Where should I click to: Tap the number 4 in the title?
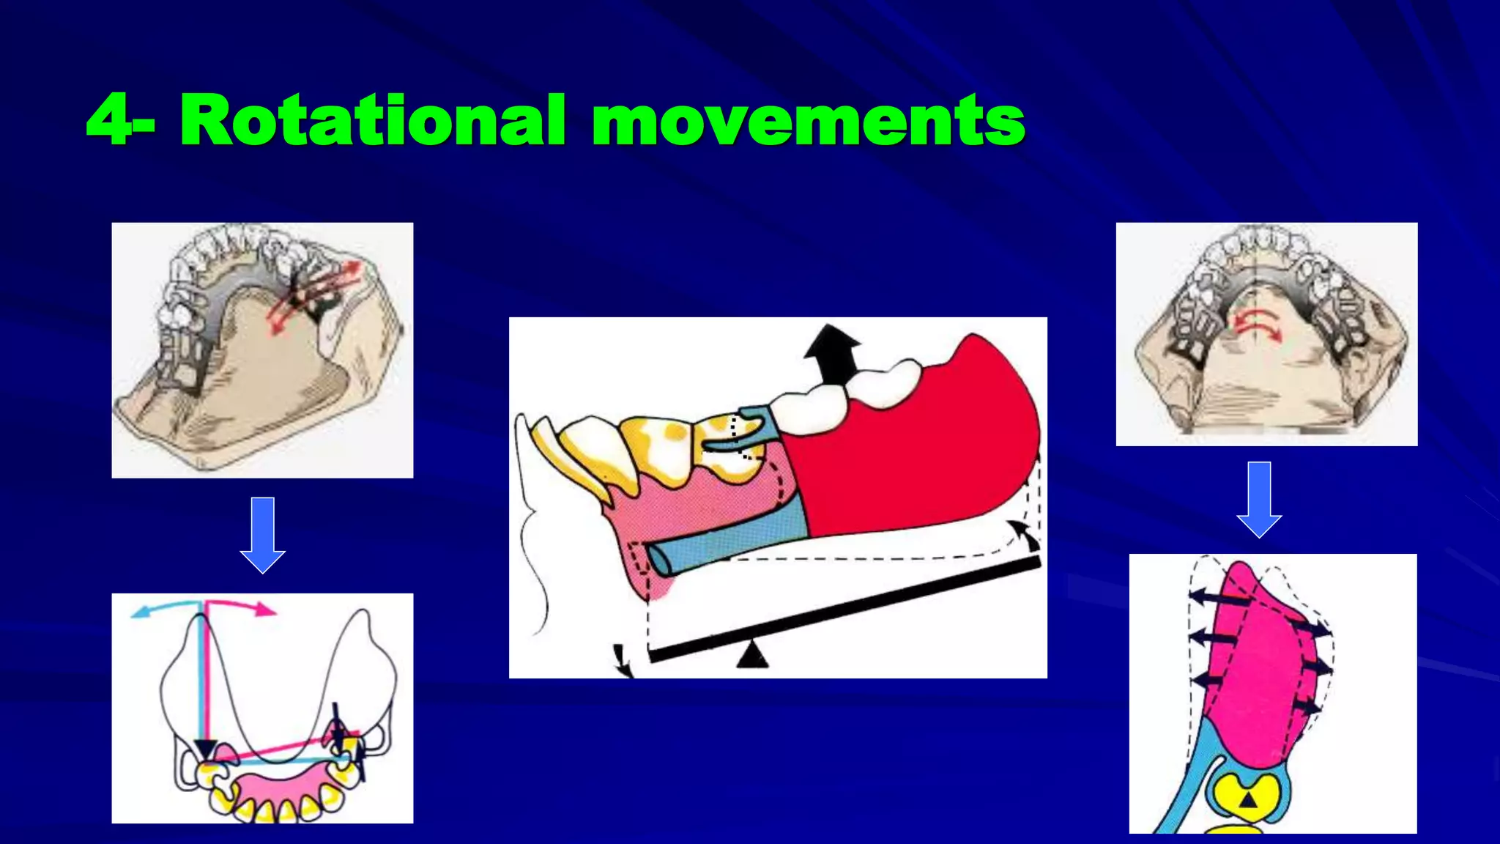[x=110, y=120]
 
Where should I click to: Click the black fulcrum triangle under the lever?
[x=752, y=655]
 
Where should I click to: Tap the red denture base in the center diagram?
[x=916, y=454]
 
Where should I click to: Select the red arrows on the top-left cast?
[x=315, y=297]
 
